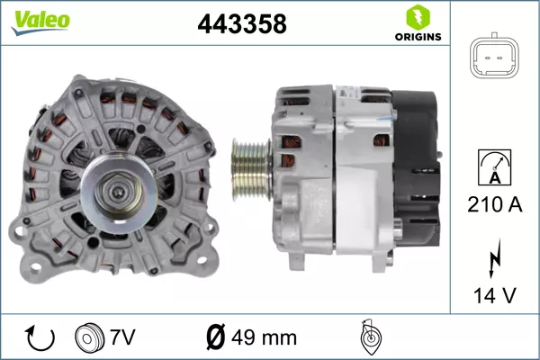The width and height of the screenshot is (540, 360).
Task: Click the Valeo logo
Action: (x=40, y=22)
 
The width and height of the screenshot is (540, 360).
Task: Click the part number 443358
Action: (x=242, y=24)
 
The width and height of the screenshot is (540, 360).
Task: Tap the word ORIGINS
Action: (x=418, y=37)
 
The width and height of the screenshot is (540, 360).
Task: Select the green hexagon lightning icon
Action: (x=418, y=17)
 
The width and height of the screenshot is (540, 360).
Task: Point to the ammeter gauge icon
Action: (x=494, y=167)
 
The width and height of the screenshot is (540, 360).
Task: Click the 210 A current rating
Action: (x=494, y=204)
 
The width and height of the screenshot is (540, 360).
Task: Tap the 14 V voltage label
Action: (x=494, y=295)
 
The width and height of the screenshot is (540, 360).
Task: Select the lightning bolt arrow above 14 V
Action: (x=495, y=258)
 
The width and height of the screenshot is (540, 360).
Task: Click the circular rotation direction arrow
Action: (x=40, y=338)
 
